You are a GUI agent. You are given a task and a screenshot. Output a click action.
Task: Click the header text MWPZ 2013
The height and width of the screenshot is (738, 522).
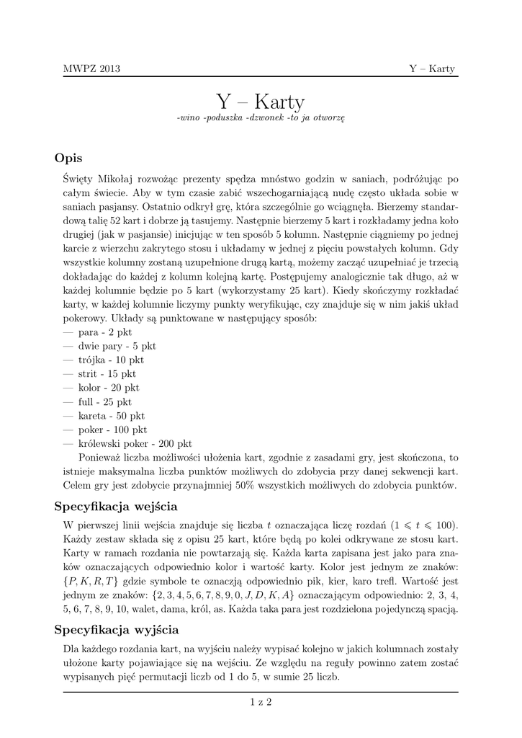pyautogui.click(x=91, y=68)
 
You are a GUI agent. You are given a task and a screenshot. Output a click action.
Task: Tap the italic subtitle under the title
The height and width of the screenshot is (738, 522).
pyautogui.click(x=261, y=118)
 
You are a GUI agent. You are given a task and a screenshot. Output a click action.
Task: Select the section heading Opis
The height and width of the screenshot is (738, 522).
pyautogui.click(x=69, y=158)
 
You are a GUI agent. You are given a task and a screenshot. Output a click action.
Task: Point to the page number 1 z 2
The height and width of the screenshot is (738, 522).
pyautogui.click(x=261, y=701)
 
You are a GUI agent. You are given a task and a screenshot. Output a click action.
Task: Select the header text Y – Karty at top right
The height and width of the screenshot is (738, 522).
pyautogui.click(x=432, y=68)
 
